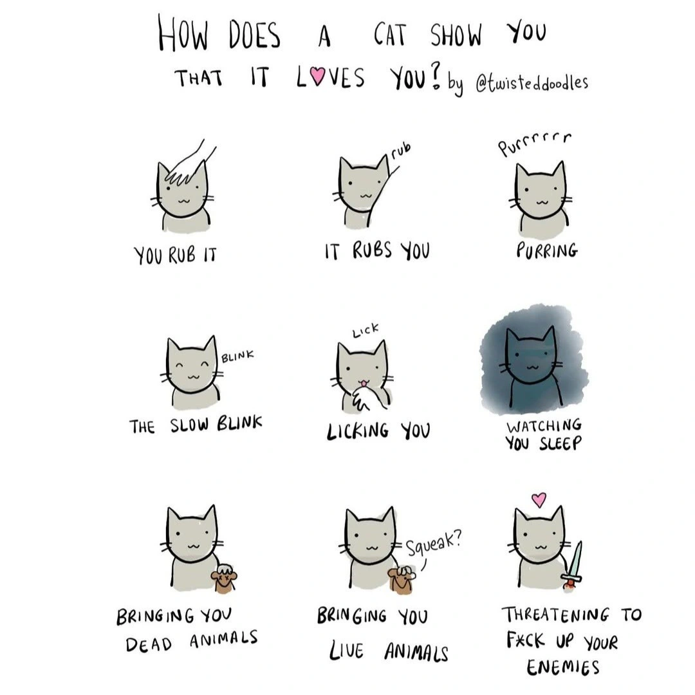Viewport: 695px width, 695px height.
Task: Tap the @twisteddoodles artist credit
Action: tap(532, 83)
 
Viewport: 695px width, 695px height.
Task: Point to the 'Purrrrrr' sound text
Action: tap(535, 143)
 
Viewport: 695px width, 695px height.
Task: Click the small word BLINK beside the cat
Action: tap(237, 356)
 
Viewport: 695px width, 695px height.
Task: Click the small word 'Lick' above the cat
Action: tap(366, 330)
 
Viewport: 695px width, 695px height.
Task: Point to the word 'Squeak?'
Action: tap(434, 543)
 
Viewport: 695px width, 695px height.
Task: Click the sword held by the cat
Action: tap(573, 565)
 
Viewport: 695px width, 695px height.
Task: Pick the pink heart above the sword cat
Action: tap(539, 499)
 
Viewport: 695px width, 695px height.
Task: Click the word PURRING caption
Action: tap(547, 250)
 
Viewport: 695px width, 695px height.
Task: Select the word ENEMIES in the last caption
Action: tap(563, 667)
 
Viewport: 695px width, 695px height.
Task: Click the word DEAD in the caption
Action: tap(149, 644)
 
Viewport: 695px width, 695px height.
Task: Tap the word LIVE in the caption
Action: tap(346, 651)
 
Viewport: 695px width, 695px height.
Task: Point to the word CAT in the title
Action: tap(389, 35)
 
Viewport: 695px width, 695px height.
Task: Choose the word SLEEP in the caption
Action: tap(560, 443)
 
